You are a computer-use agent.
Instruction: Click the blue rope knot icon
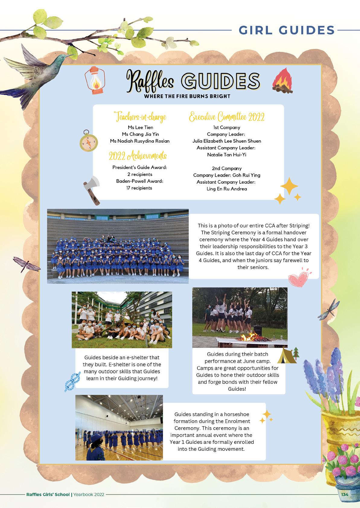tap(72, 381)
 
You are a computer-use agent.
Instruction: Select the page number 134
tap(345, 494)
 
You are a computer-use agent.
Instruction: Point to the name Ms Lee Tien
tap(140, 127)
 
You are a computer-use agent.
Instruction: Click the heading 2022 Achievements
tap(138, 156)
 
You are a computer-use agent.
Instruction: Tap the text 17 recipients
tap(139, 188)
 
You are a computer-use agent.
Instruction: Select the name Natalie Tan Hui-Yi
tap(227, 155)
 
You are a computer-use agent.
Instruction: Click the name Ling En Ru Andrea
tap(227, 189)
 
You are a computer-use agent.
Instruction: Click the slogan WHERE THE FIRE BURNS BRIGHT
tap(187, 97)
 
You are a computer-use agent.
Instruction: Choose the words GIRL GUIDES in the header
tap(287, 30)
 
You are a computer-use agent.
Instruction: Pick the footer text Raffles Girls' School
tap(48, 494)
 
